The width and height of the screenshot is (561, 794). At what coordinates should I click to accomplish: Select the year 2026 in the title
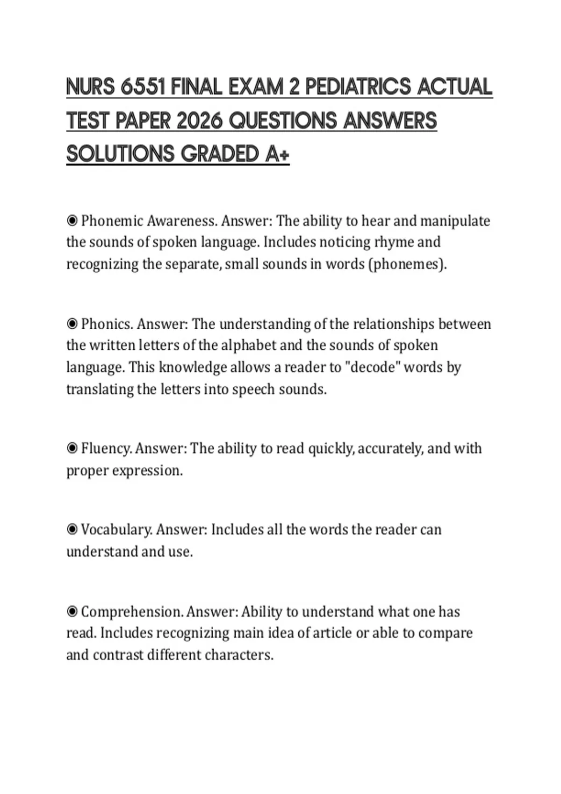(199, 121)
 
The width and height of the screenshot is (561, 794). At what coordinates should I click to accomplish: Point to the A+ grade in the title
(277, 154)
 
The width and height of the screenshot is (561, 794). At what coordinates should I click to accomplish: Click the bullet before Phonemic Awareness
(72, 220)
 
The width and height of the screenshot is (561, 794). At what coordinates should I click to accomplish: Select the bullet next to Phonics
(72, 324)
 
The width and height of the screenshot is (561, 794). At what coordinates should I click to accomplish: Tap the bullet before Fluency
(72, 448)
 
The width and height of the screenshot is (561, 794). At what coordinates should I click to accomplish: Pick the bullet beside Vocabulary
(72, 530)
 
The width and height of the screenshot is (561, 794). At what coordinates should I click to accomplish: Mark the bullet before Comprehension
(72, 611)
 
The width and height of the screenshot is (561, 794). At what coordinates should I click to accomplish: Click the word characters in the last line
(238, 655)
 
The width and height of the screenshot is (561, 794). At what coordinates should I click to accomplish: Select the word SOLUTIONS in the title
(120, 154)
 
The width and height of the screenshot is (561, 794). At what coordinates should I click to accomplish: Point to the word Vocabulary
(116, 530)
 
